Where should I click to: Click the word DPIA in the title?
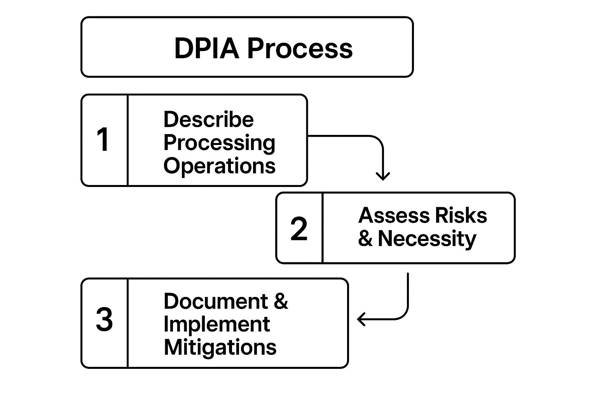(x=206, y=49)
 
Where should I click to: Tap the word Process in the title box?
(x=300, y=49)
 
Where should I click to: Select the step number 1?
(x=103, y=140)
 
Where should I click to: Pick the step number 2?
(x=299, y=229)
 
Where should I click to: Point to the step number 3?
(x=104, y=320)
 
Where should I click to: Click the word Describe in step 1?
(x=208, y=119)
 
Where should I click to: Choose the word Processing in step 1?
(x=219, y=143)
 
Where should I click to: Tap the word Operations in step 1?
(x=219, y=166)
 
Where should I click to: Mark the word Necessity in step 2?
(x=427, y=239)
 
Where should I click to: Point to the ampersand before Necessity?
(x=365, y=239)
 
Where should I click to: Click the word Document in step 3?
(x=216, y=301)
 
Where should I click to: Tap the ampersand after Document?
(x=281, y=301)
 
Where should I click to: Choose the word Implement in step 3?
(x=216, y=324)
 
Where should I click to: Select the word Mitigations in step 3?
(x=220, y=347)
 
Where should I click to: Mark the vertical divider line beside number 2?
(x=323, y=228)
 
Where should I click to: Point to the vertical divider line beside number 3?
(x=127, y=323)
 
